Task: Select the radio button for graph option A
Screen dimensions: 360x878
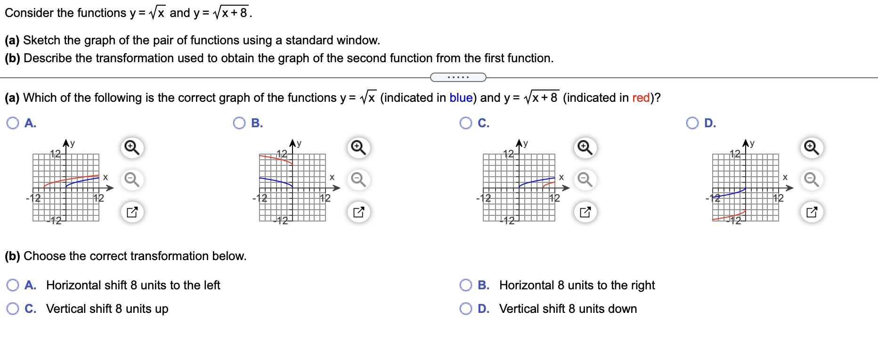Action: pyautogui.click(x=13, y=123)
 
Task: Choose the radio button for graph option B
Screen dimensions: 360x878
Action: pyautogui.click(x=239, y=123)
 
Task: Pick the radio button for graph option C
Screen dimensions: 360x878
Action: pyautogui.click(x=466, y=123)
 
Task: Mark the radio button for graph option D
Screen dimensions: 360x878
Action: pyautogui.click(x=692, y=123)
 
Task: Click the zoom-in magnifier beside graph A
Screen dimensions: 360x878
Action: pyautogui.click(x=132, y=148)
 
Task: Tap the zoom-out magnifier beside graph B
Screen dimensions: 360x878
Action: pyautogui.click(x=358, y=180)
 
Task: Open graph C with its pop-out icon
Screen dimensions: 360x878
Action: pyautogui.click(x=585, y=212)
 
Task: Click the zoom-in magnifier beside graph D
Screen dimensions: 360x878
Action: pyautogui.click(x=812, y=148)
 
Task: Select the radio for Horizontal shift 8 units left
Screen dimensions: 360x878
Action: pyautogui.click(x=13, y=285)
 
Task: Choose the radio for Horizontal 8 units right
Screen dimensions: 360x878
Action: pyautogui.click(x=466, y=285)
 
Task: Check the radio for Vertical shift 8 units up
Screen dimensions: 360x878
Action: pyautogui.click(x=13, y=309)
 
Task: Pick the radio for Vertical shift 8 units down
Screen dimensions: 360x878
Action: pyautogui.click(x=466, y=309)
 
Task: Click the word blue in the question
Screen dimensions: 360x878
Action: pyautogui.click(x=461, y=98)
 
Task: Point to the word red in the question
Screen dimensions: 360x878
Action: pyautogui.click(x=641, y=98)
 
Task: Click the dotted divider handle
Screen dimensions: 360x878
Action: pyautogui.click(x=458, y=77)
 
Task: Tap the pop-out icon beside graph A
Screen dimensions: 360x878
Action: pyautogui.click(x=132, y=212)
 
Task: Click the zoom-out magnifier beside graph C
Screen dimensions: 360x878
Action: pyautogui.click(x=585, y=180)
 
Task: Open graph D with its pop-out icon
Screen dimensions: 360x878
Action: pyautogui.click(x=812, y=212)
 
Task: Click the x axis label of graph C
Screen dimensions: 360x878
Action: pyautogui.click(x=561, y=177)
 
